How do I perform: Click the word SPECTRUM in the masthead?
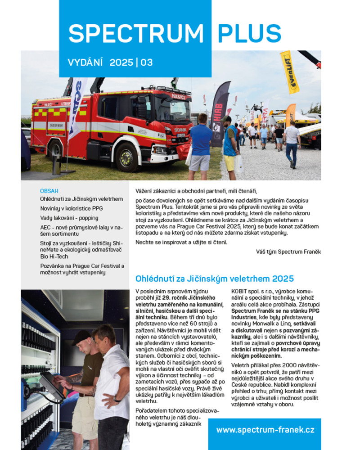tap(135, 33)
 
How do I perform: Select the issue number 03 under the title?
tap(147, 63)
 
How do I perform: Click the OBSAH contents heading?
tap(49, 191)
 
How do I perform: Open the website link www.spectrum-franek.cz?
tap(265, 430)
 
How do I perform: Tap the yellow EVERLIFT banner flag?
tap(289, 72)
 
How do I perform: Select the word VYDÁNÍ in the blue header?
tap(85, 63)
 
